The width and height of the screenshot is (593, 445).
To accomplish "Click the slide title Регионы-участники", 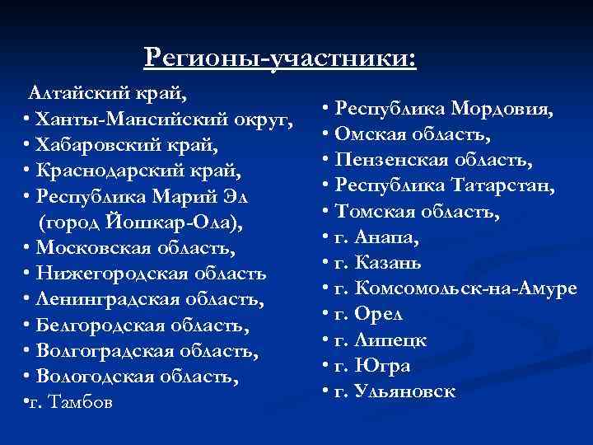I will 280,57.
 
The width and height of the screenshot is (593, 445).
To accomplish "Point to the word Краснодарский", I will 114,172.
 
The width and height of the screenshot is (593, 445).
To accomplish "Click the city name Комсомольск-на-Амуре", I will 469,288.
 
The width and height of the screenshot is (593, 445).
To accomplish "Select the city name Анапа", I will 386,237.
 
